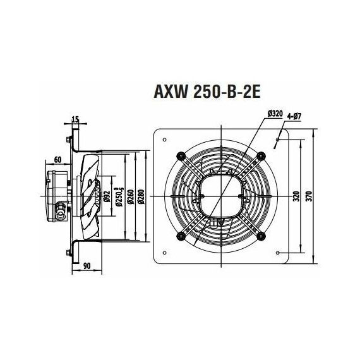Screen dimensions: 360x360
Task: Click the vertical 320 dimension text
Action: click(x=296, y=196)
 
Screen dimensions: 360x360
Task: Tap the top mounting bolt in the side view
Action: click(x=66, y=139)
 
